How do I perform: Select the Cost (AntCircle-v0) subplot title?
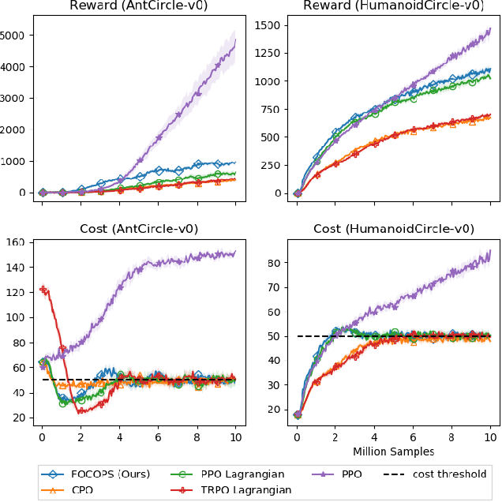click(x=139, y=229)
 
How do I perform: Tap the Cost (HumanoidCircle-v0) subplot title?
click(x=393, y=229)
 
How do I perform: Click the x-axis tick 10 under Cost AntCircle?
click(x=235, y=435)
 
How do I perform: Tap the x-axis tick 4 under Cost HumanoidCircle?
click(x=374, y=435)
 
